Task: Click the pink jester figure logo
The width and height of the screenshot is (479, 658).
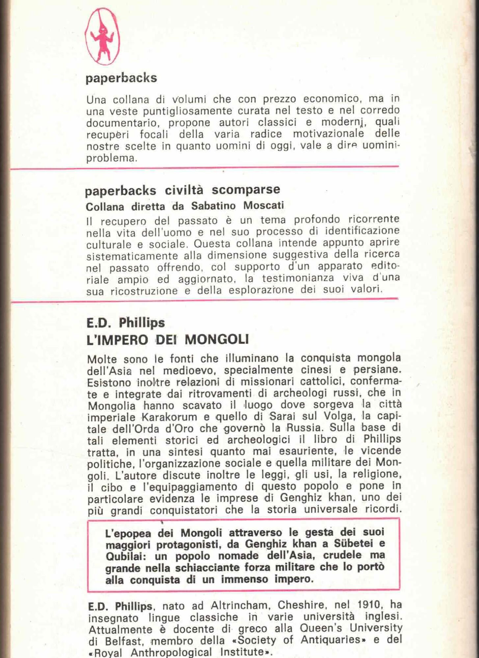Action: (102, 37)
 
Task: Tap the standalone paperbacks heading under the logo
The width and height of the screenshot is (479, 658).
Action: (121, 78)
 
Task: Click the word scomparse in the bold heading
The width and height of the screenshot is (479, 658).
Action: (246, 190)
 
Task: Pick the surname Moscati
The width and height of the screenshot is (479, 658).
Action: (263, 205)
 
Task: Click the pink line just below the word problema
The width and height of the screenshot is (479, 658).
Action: (204, 168)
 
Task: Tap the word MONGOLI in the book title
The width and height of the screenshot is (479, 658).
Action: (216, 340)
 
